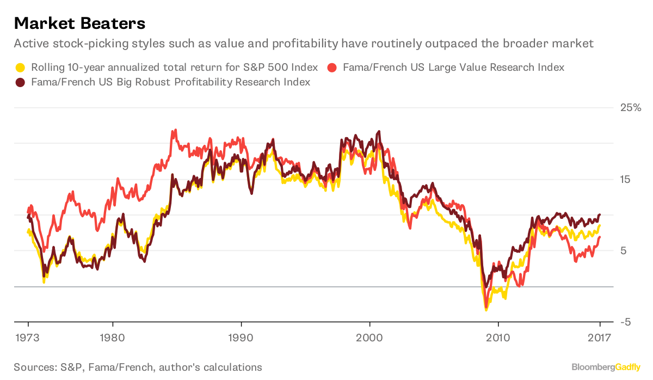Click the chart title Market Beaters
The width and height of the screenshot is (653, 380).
click(x=79, y=23)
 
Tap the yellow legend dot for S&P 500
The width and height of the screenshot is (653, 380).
click(x=20, y=68)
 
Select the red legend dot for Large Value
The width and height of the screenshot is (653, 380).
click(x=333, y=68)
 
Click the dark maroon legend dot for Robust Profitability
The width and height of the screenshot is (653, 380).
click(x=20, y=82)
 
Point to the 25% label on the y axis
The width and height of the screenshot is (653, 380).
click(x=630, y=108)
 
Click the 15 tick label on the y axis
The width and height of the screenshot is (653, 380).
click(x=626, y=179)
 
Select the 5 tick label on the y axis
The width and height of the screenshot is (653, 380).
click(x=624, y=250)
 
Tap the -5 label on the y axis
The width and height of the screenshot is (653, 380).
click(x=626, y=322)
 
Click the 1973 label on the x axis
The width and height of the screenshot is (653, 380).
click(x=28, y=338)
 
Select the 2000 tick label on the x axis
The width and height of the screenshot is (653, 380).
click(x=369, y=338)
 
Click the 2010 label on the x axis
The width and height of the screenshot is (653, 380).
click(x=498, y=338)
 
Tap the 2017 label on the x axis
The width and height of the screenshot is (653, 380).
click(x=600, y=338)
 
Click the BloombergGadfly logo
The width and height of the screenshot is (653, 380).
click(x=605, y=367)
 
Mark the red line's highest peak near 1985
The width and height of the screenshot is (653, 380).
click(x=174, y=131)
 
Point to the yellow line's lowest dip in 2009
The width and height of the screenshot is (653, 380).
click(x=486, y=310)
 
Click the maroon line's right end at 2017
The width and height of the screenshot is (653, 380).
click(x=600, y=215)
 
